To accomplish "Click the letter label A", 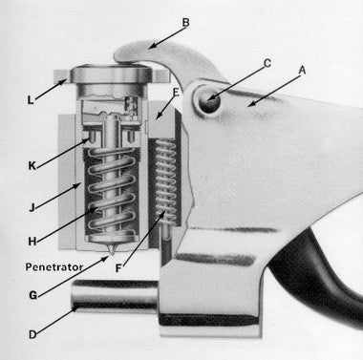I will point(304,70).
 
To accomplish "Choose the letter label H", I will point(34,243).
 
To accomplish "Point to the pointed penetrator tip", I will point(114,253).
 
